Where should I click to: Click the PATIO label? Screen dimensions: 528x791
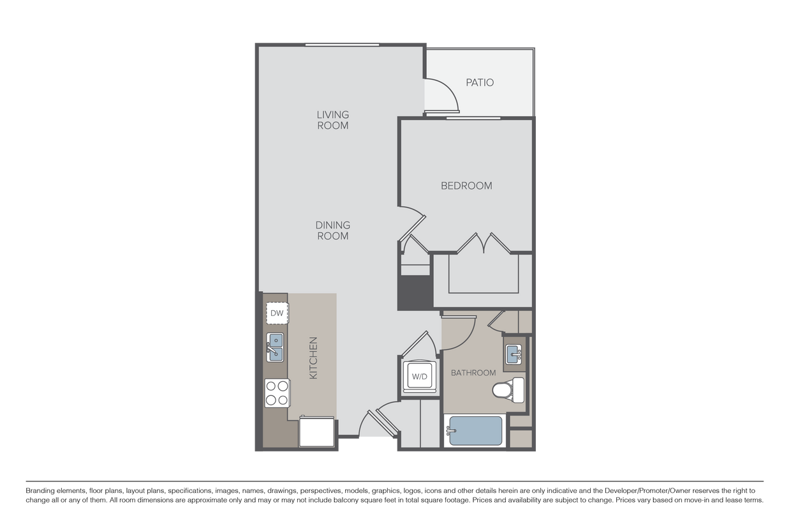click(480, 82)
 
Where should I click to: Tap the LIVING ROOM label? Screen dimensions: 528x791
click(333, 120)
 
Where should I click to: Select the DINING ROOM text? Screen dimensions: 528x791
click(333, 230)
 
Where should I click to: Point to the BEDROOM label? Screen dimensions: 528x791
click(466, 186)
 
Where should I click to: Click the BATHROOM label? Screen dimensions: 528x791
click(473, 373)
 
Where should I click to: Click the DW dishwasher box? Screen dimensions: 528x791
click(277, 313)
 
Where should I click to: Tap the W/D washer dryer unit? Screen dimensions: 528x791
click(419, 376)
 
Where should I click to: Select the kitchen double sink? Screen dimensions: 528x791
click(276, 347)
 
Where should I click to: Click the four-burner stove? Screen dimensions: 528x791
click(277, 393)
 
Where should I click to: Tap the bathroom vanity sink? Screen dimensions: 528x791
click(514, 352)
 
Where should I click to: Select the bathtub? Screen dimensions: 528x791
click(475, 431)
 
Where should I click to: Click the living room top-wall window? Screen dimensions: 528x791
click(342, 44)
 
